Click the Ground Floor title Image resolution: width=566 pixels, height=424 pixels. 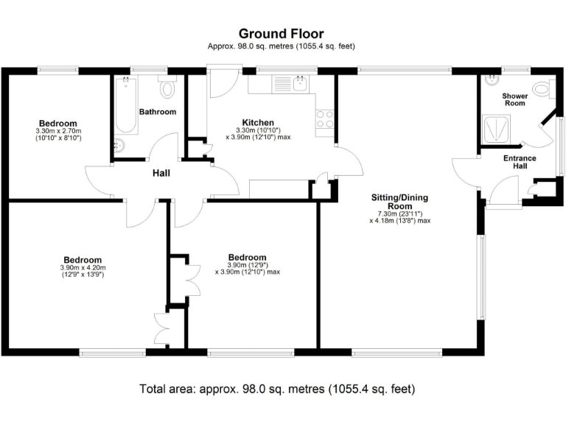281,33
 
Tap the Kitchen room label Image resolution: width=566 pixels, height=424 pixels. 258,122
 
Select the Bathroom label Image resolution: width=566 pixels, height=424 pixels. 158,112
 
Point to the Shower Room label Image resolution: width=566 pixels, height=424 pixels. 514,99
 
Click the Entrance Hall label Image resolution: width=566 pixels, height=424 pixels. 520,162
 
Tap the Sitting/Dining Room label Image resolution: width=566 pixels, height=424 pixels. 399,202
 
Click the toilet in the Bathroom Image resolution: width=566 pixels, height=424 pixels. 167,88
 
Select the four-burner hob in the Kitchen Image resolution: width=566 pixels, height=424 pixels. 325,119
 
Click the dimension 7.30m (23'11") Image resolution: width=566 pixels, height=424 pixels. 399,213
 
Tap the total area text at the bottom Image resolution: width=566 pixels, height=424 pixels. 277,388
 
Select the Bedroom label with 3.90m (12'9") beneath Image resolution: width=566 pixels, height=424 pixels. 247,257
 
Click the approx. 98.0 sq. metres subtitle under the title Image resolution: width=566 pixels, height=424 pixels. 281,46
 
